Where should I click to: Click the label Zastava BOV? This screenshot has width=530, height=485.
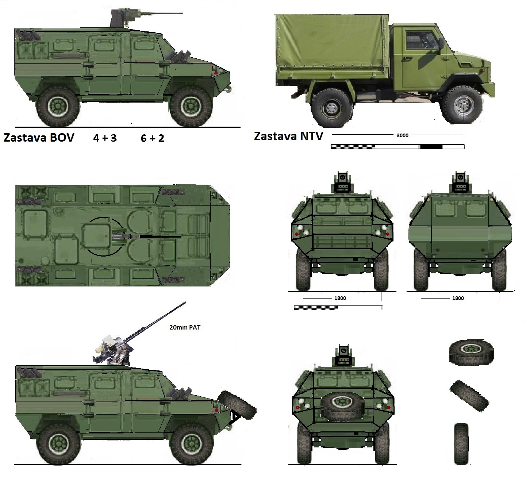pyautogui.click(x=39, y=138)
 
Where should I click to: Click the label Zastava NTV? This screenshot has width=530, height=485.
pyautogui.click(x=288, y=136)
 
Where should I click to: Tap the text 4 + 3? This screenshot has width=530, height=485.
pyautogui.click(x=105, y=138)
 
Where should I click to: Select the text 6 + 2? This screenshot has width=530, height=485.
pyautogui.click(x=153, y=138)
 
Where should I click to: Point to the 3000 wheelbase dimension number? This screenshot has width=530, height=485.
pyautogui.click(x=402, y=135)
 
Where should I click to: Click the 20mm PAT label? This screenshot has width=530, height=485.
pyautogui.click(x=185, y=328)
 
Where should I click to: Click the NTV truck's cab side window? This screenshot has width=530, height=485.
pyautogui.click(x=422, y=40)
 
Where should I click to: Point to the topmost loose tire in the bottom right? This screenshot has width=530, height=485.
pyautogui.click(x=471, y=352)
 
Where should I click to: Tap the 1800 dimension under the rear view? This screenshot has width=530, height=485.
pyautogui.click(x=458, y=298)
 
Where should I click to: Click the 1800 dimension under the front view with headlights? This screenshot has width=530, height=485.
pyautogui.click(x=340, y=298)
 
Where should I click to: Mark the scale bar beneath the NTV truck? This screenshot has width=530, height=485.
pyautogui.click(x=398, y=147)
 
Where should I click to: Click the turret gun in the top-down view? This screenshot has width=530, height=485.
pyautogui.click(x=147, y=236)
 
